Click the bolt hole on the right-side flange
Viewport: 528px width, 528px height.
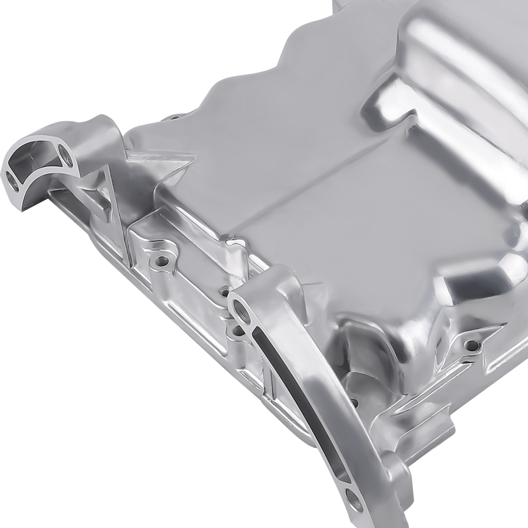(x=472, y=345)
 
